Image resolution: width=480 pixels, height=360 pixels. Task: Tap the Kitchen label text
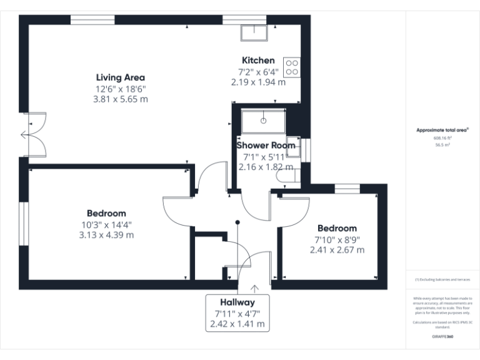[258, 61]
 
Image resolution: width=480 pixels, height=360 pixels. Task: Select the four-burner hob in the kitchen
[292, 67]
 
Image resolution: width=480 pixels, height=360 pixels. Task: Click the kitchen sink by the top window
[256, 32]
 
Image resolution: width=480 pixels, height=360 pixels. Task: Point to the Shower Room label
[265, 145]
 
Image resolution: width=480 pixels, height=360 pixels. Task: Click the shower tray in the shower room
[264, 121]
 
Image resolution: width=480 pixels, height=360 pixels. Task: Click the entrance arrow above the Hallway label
[255, 288]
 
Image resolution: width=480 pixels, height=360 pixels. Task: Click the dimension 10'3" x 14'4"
[106, 224]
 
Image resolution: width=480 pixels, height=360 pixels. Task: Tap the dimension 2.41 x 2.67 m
[337, 249]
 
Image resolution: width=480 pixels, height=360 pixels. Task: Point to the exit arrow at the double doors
[25, 134]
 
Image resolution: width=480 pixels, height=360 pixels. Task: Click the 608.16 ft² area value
[442, 137]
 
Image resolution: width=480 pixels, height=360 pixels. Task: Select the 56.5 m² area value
[442, 144]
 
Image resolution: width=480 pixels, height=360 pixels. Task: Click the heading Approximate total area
[442, 130]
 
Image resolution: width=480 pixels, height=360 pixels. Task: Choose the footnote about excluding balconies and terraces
[442, 279]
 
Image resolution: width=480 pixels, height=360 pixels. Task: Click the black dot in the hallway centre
[237, 221]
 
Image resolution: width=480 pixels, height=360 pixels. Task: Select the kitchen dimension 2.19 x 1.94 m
[258, 81]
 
